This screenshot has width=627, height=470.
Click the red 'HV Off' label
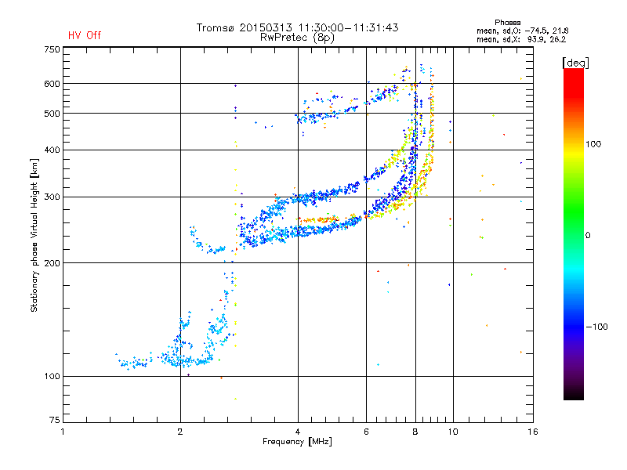click(x=85, y=35)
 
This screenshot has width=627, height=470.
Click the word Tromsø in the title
click(x=216, y=27)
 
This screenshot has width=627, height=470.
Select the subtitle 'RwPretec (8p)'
click(x=297, y=38)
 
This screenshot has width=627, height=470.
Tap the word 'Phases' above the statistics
click(x=507, y=23)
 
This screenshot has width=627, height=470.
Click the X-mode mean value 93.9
click(x=536, y=39)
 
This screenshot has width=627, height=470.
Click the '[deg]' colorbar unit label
click(x=575, y=63)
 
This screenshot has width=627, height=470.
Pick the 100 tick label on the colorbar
click(x=593, y=144)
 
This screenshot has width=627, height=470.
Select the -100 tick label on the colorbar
click(x=596, y=327)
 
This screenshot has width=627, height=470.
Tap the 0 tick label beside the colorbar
click(x=588, y=236)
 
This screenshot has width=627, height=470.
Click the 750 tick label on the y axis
click(x=52, y=49)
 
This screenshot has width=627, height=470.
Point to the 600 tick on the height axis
click(x=52, y=84)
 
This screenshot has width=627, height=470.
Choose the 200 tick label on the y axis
click(x=52, y=263)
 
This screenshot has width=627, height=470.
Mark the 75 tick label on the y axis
click(x=55, y=420)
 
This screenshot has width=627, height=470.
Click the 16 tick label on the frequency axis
click(x=533, y=432)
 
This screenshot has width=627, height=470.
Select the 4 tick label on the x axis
click(x=298, y=432)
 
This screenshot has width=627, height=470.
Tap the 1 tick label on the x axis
click(x=63, y=432)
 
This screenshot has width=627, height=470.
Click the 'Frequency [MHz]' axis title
click(x=297, y=442)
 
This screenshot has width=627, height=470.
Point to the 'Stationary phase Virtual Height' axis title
click(x=34, y=235)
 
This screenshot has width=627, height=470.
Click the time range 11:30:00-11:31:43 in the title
click(x=348, y=27)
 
